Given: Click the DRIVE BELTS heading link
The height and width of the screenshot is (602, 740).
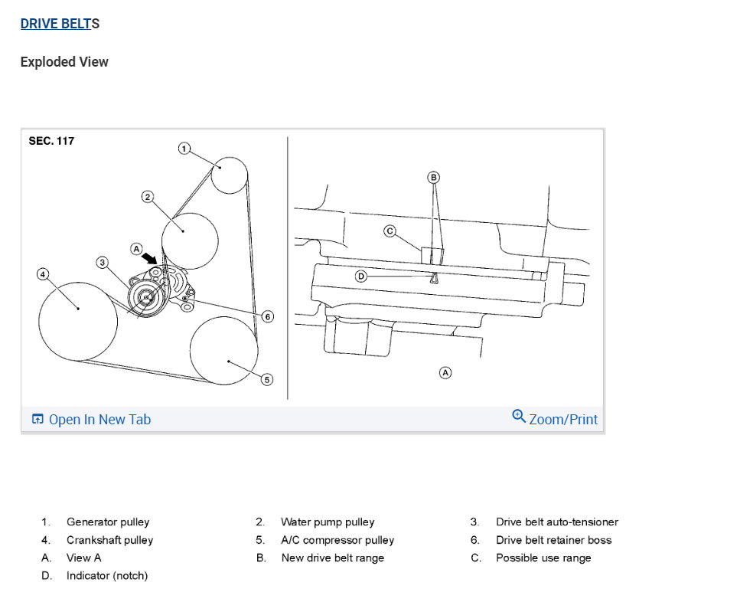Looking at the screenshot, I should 60,24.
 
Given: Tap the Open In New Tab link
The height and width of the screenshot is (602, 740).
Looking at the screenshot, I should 91,419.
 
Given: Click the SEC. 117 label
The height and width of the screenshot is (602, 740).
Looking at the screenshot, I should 51,141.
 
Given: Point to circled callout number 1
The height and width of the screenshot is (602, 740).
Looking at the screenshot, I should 184,148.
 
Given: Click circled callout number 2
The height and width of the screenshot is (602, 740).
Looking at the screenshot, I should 148,197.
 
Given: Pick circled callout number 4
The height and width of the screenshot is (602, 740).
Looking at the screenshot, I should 44,273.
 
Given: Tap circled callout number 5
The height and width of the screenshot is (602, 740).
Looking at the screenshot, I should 266,379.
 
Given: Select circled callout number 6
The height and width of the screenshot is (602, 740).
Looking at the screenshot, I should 267,316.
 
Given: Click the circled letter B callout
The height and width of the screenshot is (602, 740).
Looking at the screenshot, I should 433,177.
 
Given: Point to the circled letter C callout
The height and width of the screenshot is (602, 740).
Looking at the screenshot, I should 390,231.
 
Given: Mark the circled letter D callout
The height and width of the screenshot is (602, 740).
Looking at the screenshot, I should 362,276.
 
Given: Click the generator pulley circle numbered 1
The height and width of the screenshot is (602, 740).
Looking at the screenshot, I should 228,175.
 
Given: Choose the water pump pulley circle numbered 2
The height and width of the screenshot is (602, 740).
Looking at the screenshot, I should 190,240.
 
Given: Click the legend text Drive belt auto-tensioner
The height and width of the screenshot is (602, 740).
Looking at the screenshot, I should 556,522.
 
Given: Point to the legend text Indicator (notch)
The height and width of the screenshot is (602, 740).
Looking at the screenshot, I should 107,575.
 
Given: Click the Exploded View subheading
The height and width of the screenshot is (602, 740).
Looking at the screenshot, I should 64,62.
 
